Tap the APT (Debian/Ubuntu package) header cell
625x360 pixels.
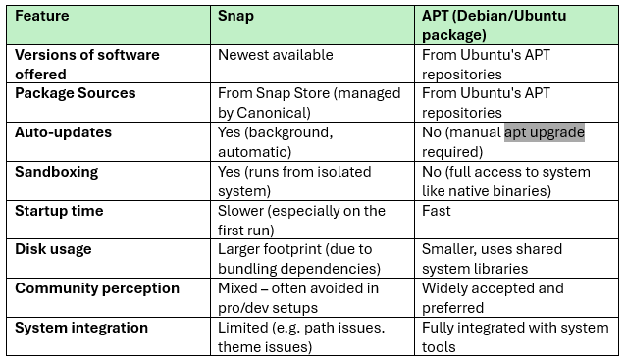(494, 26)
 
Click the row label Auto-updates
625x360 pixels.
(63, 131)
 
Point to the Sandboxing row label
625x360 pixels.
(57, 171)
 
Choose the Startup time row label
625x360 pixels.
(59, 210)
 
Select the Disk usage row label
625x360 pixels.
(53, 249)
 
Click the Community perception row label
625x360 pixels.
(97, 288)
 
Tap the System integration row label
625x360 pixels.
(81, 328)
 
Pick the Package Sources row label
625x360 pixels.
(75, 93)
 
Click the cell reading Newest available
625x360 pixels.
(276, 55)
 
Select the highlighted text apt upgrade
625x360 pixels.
(545, 132)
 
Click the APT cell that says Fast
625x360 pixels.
(437, 211)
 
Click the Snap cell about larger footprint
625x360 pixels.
(299, 259)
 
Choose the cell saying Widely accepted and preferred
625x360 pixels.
(493, 298)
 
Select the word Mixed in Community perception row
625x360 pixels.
(238, 289)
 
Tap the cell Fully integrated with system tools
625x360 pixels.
(514, 337)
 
